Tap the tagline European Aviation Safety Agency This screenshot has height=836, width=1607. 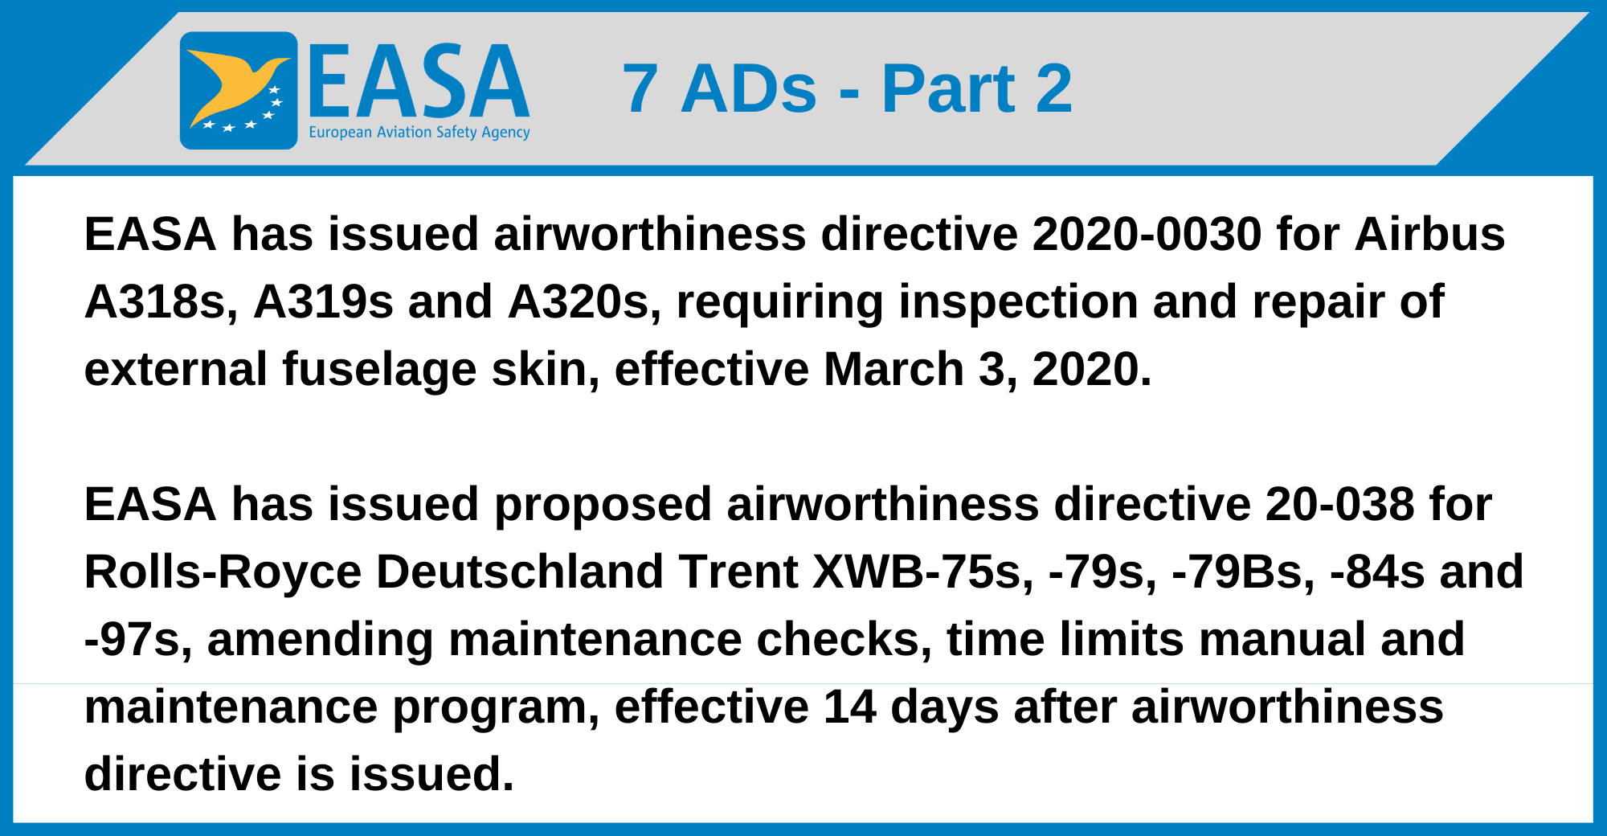[419, 133]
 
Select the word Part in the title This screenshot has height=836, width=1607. [949, 88]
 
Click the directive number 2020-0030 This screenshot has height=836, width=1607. [1147, 234]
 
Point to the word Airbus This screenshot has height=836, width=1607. [1430, 234]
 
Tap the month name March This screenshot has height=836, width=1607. [893, 370]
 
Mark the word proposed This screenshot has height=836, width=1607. [603, 506]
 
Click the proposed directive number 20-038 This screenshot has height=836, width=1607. [1339, 504]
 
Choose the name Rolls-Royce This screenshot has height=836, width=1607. [223, 573]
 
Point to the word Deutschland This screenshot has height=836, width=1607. [520, 572]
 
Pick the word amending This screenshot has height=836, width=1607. [321, 641]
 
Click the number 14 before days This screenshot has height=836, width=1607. [850, 707]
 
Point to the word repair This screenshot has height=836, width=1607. [1319, 303]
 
